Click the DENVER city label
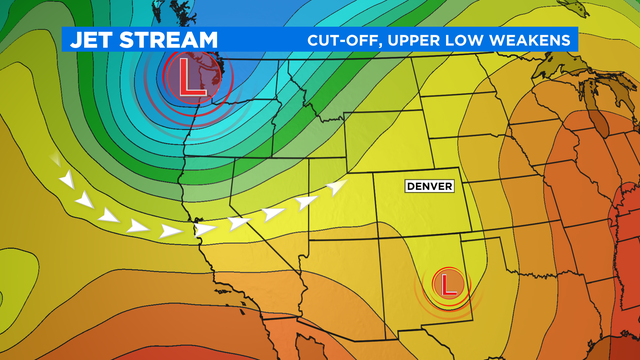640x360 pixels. pos(429,186)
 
